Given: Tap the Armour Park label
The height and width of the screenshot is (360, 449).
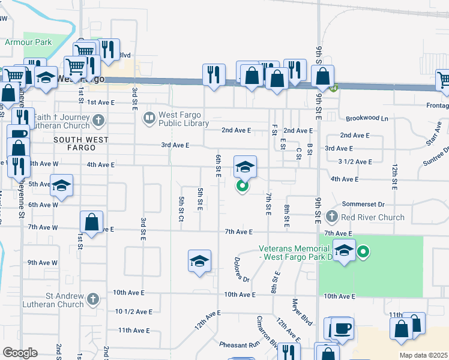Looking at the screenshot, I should point(28,43).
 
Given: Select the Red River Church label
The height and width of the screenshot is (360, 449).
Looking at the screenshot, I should point(373,217).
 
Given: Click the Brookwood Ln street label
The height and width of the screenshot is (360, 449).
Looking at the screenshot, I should point(367,119).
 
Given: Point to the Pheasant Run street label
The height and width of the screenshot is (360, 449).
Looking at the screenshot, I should point(238,344).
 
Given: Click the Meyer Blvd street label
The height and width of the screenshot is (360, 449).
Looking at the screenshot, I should point(303,312).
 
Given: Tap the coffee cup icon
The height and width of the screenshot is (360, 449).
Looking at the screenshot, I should point(343,329).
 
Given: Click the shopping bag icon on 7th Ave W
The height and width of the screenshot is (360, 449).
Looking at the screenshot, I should point(91,222).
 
